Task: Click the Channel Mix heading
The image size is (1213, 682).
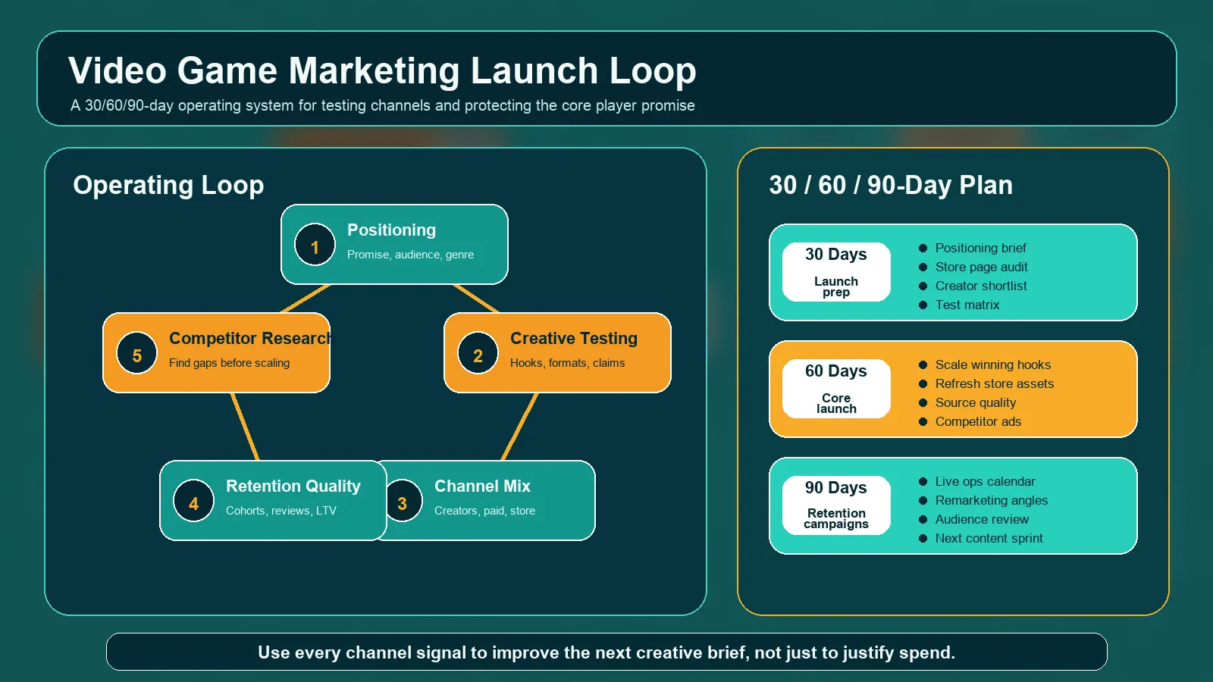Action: pos(482,486)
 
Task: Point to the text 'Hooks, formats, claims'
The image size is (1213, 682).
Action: pos(567,363)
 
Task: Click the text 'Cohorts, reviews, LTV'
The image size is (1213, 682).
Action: pos(281,511)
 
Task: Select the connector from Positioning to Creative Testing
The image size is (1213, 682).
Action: pos(476,299)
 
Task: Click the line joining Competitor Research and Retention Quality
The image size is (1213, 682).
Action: pos(245,426)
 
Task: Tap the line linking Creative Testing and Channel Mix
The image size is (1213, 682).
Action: pos(520,426)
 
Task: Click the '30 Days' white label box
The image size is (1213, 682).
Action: pos(836,272)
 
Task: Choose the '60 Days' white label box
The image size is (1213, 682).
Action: pos(836,389)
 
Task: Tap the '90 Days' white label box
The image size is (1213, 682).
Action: pos(836,505)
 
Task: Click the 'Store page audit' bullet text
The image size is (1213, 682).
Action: pos(981,267)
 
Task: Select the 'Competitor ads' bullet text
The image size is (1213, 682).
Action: pos(978,421)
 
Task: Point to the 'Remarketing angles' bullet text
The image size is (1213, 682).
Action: pos(991,500)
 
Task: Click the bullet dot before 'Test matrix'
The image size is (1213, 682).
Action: pos(923,305)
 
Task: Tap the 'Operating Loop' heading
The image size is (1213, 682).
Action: pos(168,185)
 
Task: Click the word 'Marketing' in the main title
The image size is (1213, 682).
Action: pos(374,71)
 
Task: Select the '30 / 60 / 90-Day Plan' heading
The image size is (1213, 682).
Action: pos(891,185)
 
